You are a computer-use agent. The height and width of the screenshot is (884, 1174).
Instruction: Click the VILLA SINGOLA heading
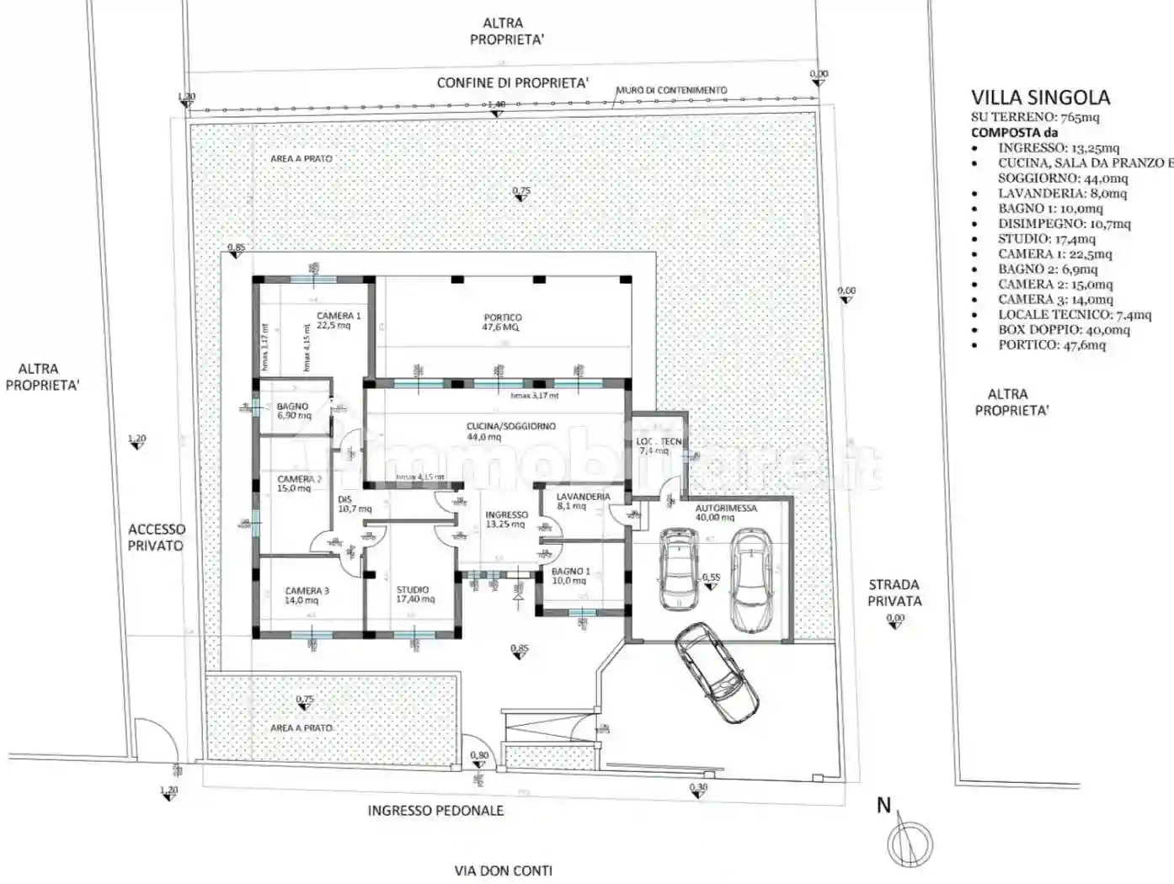coord(1040,98)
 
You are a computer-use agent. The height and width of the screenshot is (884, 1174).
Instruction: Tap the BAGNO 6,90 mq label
coord(293,411)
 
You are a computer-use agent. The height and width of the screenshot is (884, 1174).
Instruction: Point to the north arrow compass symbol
coord(910,839)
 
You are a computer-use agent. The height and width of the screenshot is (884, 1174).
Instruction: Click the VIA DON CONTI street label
coord(503,871)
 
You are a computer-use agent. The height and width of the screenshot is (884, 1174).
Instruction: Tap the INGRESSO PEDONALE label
coord(435,811)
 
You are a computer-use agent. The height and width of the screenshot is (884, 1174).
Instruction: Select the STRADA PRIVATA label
coord(894,592)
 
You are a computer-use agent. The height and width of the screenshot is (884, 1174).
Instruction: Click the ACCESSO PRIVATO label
coord(156,537)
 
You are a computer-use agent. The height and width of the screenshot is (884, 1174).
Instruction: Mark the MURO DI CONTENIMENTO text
coord(671,90)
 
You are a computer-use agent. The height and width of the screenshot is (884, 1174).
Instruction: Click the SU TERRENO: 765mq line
coord(1035,117)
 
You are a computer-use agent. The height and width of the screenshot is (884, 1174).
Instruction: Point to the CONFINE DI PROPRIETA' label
coord(512,83)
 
